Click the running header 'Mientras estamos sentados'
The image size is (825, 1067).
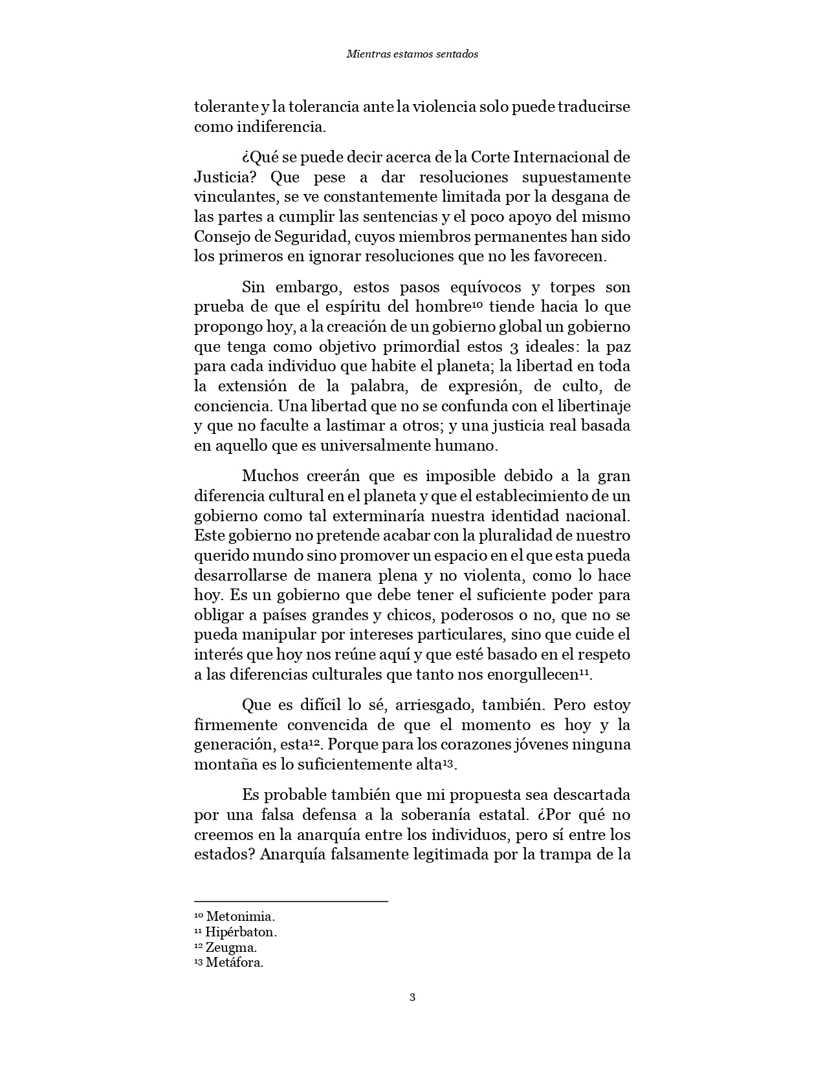point(412,54)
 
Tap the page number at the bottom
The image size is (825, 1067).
point(412,997)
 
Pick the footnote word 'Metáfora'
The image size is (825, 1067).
point(234,962)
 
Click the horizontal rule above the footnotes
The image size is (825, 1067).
point(291,901)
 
